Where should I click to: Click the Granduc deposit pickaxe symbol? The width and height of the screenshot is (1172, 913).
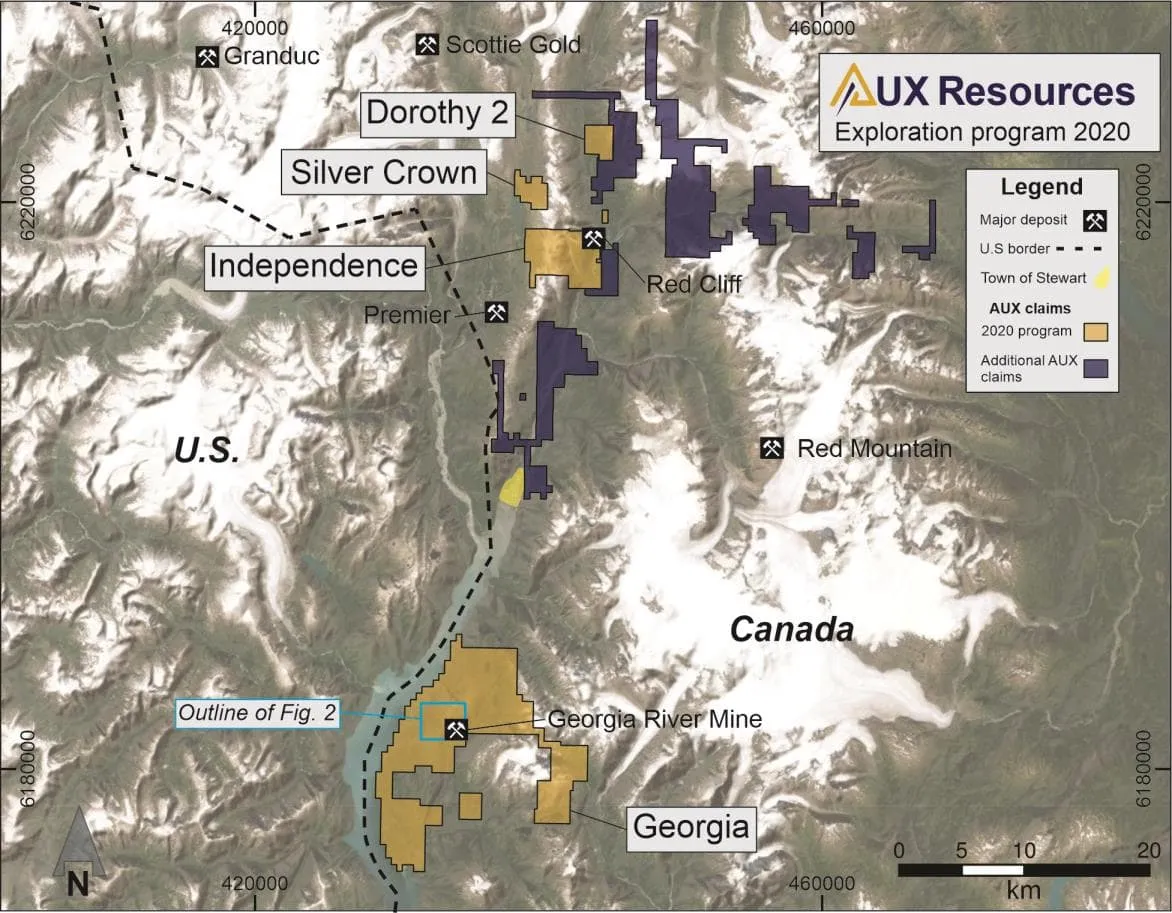208,56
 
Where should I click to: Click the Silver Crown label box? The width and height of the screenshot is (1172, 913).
384,173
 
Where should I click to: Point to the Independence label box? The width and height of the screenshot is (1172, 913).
312,266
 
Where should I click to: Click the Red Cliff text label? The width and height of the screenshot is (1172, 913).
693,284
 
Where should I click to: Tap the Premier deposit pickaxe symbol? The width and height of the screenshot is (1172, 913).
495,313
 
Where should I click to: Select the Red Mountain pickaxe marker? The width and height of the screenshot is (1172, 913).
771,448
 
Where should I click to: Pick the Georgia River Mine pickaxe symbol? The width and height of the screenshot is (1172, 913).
456,729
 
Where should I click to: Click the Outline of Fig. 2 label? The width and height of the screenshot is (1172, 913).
258,713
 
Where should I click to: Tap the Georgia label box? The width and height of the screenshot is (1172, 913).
691,828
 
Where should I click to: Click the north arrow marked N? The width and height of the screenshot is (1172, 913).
78,856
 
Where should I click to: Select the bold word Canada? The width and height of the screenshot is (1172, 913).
791,630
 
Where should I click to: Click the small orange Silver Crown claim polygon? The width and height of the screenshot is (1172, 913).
531,189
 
